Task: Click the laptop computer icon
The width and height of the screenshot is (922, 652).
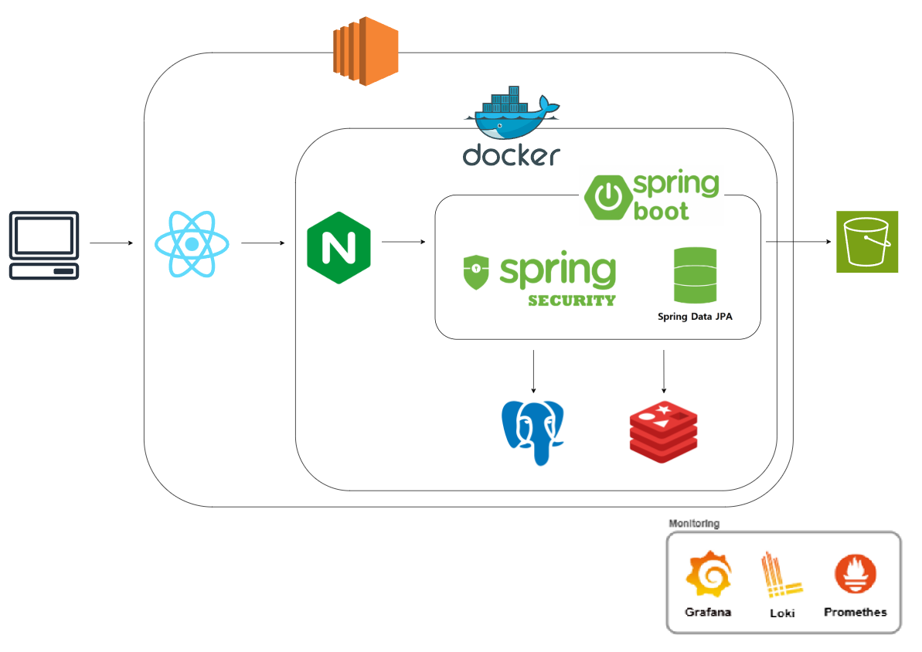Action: (x=44, y=244)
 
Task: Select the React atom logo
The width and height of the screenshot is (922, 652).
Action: (x=192, y=244)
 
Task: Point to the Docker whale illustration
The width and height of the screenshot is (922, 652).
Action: (x=511, y=113)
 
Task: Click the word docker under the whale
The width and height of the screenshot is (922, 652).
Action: (x=511, y=155)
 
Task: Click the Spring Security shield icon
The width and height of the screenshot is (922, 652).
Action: (x=476, y=273)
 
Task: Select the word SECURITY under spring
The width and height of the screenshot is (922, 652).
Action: (x=572, y=301)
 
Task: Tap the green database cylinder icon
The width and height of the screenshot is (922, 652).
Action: (x=695, y=275)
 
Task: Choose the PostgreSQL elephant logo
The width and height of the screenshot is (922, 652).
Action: (x=533, y=431)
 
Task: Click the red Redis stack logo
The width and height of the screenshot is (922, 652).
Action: (x=664, y=430)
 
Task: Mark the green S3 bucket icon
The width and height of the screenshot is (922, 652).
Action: (x=867, y=242)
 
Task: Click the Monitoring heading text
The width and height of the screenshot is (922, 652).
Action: (x=694, y=524)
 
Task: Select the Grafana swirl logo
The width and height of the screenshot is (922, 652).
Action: (x=708, y=576)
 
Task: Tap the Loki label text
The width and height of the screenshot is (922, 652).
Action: (x=782, y=613)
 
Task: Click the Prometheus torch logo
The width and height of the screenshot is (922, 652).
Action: (x=856, y=576)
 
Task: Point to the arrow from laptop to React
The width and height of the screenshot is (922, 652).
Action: (x=112, y=243)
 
